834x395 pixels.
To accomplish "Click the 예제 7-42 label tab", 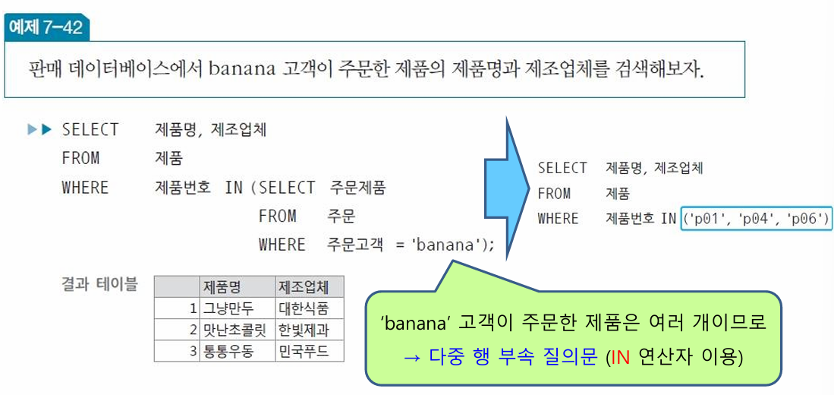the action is (46, 28).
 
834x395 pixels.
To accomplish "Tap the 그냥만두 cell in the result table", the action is (228, 308).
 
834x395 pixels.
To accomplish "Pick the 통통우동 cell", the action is (228, 351).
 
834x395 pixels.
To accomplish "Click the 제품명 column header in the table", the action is (222, 287).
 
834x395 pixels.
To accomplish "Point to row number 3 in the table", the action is (194, 351).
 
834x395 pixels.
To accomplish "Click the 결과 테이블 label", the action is (99, 285).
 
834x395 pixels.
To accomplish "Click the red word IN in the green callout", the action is (621, 356).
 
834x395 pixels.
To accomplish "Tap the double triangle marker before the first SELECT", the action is (39, 130).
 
